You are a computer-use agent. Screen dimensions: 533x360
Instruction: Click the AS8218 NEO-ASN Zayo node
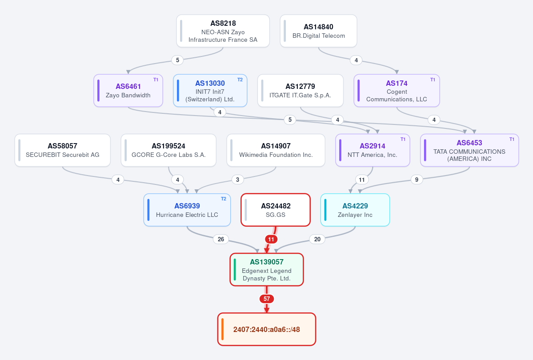tap(223, 31)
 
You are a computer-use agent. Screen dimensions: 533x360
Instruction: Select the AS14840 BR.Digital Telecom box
tap(318, 31)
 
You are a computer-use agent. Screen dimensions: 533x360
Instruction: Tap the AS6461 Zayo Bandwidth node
tap(128, 90)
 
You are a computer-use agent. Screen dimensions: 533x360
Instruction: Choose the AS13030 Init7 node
tap(210, 90)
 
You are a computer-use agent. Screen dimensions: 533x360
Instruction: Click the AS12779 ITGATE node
tap(301, 90)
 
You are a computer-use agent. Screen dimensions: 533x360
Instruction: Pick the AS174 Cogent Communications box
tap(397, 90)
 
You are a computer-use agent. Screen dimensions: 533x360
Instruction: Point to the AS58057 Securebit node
tap(63, 150)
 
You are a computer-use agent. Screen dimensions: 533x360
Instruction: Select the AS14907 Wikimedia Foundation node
tap(276, 150)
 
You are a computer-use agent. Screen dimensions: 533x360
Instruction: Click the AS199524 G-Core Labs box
tap(168, 150)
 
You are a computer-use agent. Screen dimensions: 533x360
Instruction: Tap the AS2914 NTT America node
tap(373, 150)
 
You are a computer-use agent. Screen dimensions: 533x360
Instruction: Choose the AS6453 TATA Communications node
tap(469, 150)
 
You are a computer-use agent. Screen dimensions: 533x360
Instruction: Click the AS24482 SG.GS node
tap(276, 210)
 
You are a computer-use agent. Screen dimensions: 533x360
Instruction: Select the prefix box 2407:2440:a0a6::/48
tap(267, 329)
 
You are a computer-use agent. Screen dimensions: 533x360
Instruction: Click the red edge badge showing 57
tap(267, 299)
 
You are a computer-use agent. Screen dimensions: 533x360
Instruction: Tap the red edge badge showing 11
tap(271, 239)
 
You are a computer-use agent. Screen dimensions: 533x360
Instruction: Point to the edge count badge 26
tap(221, 239)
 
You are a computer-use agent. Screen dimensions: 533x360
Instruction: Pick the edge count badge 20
tap(317, 239)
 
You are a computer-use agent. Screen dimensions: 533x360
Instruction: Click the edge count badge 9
tap(417, 180)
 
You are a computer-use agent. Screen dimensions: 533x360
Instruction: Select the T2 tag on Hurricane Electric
tap(223, 199)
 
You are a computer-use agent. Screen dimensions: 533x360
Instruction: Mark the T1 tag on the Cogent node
tap(433, 80)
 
